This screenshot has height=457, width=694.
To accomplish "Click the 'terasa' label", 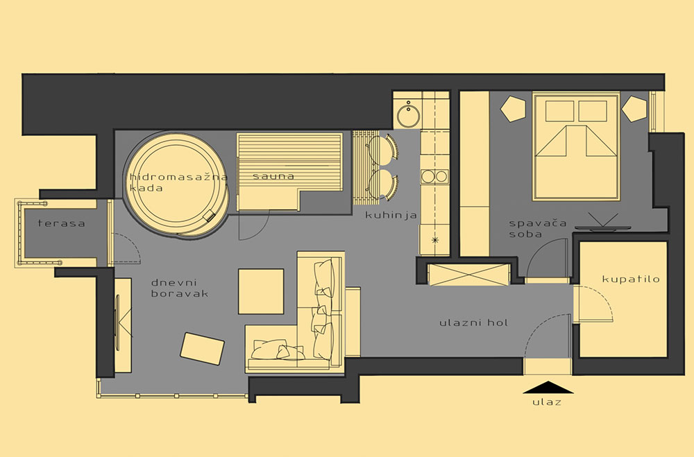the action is [62, 223].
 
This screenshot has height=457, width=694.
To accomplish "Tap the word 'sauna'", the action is [273, 176].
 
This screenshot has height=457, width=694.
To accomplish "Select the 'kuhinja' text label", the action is [391, 216].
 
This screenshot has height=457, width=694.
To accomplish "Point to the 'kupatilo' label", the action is [631, 279].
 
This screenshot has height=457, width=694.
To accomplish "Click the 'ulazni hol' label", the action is [474, 322].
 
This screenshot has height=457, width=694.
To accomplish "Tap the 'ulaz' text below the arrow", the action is [547, 402].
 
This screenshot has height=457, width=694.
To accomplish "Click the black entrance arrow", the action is [548, 387].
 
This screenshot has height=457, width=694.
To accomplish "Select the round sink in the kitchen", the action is [408, 115].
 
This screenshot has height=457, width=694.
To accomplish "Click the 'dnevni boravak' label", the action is [179, 288].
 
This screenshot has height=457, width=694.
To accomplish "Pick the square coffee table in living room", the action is [261, 291].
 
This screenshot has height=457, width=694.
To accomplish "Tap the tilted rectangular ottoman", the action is [202, 349].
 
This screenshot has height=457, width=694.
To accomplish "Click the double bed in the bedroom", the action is [576, 146].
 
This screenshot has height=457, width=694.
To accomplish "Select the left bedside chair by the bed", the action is [514, 109].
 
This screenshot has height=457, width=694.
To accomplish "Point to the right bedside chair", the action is [635, 109].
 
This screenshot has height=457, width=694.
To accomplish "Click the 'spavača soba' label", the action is [537, 229].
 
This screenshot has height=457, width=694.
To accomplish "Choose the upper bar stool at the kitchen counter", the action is [383, 148].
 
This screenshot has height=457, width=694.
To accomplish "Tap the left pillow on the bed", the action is [559, 111].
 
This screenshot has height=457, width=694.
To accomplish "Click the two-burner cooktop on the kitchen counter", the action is [434, 177].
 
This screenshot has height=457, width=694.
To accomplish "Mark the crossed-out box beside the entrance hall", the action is [468, 275].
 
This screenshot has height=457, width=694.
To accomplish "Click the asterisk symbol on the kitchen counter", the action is [435, 240].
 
